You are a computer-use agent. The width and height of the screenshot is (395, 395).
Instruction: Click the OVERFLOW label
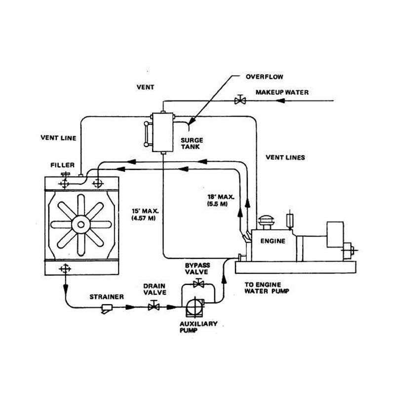pos(264,77)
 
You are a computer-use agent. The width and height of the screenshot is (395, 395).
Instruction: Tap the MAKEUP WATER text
pos(282,92)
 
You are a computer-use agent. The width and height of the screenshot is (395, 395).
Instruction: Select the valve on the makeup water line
pos(240,100)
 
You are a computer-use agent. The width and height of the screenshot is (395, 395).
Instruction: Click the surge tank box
pos(163,132)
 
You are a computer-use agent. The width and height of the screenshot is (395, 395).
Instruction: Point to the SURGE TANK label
pos(192,143)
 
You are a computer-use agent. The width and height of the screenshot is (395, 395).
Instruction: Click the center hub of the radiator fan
pos(81,225)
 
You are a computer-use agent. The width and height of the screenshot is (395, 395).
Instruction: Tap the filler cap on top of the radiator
pos(66,174)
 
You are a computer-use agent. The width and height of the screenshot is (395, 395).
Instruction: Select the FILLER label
pos(63,165)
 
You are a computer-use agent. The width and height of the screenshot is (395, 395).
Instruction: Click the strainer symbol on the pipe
pos(107,308)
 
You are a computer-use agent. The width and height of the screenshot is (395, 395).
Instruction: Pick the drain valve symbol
pos(154,306)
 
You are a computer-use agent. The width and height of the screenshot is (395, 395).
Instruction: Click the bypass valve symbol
pos(198,283)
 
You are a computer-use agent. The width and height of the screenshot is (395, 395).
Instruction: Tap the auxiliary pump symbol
pos(195,307)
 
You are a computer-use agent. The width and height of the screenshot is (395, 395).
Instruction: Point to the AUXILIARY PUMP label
pos(198,327)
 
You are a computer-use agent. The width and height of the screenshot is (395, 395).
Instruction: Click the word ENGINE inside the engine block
pos(273,241)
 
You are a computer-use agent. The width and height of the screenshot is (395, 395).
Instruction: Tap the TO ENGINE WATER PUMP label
pos(267,288)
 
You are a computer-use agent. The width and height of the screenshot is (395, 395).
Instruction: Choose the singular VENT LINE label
pos(58,138)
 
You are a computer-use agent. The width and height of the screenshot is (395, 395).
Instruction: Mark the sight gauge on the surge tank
pos(146,134)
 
